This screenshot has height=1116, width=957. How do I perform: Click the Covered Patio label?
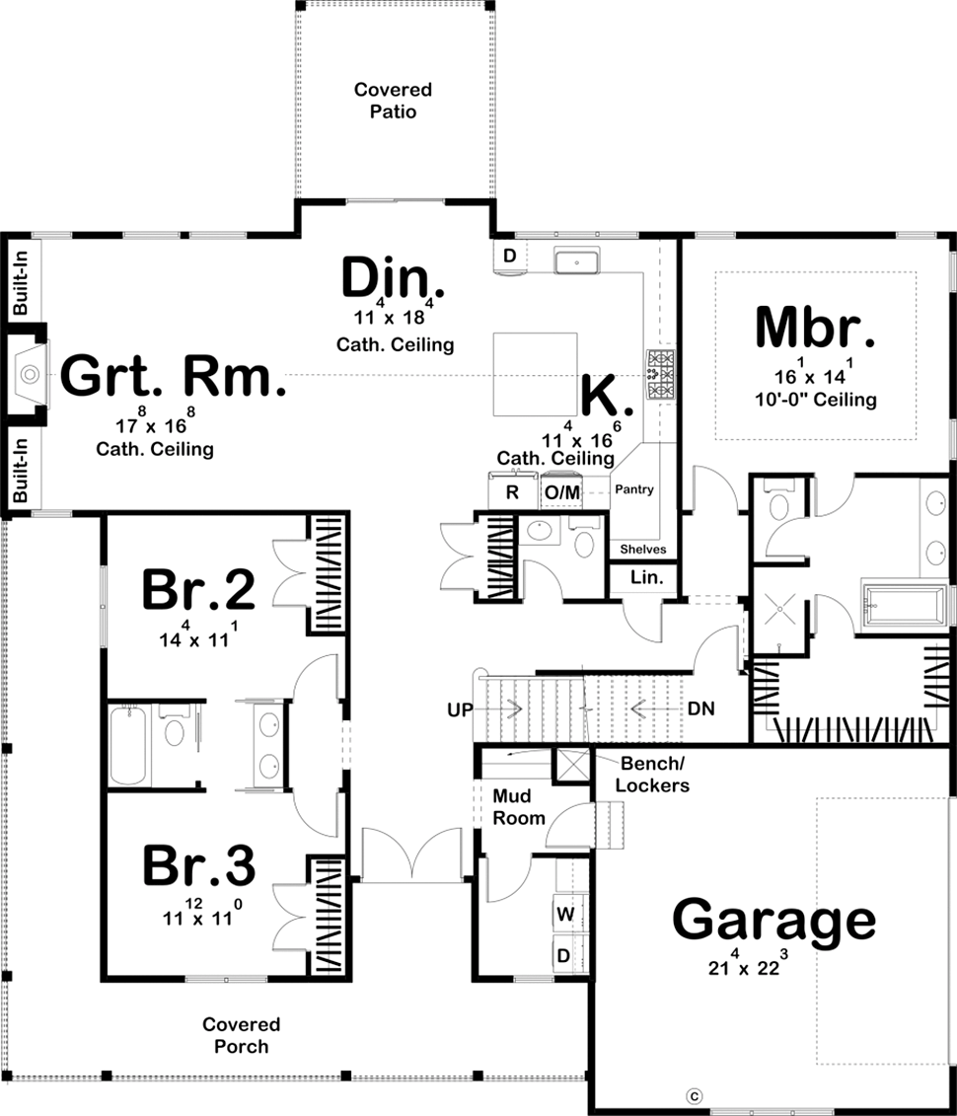393,101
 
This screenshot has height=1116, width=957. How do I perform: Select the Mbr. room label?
815,328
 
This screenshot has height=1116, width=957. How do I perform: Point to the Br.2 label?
198,589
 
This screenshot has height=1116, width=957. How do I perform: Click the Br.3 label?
198,865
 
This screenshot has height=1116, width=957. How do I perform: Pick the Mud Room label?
519,807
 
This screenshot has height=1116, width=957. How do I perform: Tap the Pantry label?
634,489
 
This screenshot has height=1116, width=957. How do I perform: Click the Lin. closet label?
646,577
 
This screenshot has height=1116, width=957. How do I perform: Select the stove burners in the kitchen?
660,374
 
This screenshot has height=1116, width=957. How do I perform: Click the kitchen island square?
535,374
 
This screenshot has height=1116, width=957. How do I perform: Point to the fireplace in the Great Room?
30,373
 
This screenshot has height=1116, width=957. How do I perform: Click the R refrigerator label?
512,491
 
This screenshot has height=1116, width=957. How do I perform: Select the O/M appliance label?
562,491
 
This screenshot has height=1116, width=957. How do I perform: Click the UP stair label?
460,709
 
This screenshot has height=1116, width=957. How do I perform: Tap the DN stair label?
700,708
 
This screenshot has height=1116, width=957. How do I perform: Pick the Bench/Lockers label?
652,775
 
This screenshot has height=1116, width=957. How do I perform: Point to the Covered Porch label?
241,1035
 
